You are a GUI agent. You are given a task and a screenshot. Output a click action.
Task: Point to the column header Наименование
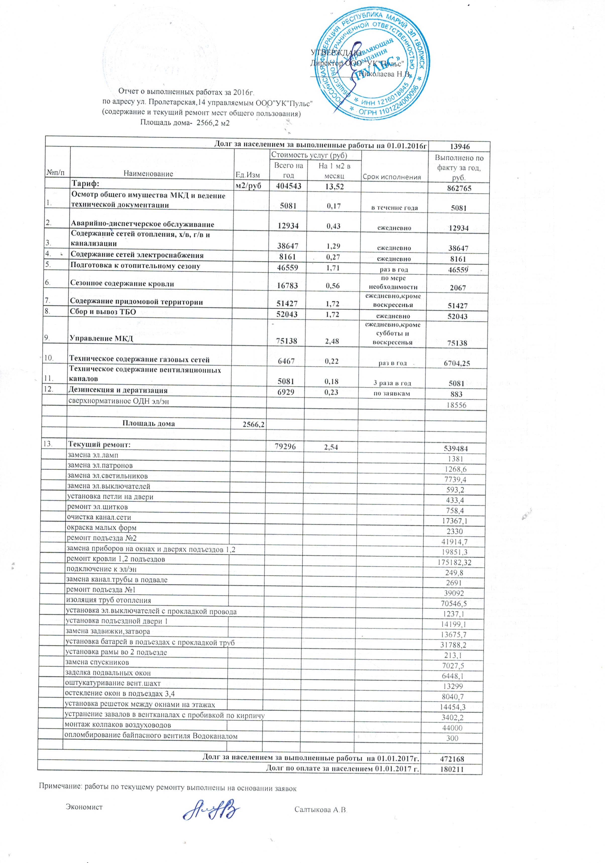[148, 174]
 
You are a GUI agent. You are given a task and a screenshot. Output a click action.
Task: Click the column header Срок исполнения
[392, 177]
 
